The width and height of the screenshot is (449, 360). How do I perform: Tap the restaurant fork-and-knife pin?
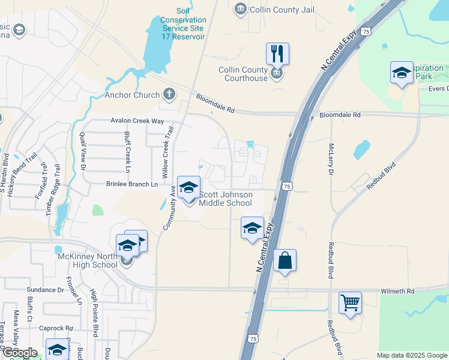(x=277, y=54)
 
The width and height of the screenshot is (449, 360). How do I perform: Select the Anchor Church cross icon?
(x=170, y=94)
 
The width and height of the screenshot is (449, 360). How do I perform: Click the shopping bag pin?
(x=285, y=261)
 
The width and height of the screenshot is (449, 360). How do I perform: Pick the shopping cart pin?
(x=350, y=302)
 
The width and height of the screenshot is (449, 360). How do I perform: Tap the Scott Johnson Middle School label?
(x=226, y=199)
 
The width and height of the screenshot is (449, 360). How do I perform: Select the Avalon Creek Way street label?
(x=137, y=121)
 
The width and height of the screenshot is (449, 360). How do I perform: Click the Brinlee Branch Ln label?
(x=131, y=184)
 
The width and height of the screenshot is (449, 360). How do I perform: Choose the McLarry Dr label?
(x=330, y=159)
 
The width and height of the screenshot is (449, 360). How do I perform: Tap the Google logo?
(x=19, y=353)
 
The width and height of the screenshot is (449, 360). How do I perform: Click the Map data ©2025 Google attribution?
(x=411, y=355)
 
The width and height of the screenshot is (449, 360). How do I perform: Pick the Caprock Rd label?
(x=56, y=329)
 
